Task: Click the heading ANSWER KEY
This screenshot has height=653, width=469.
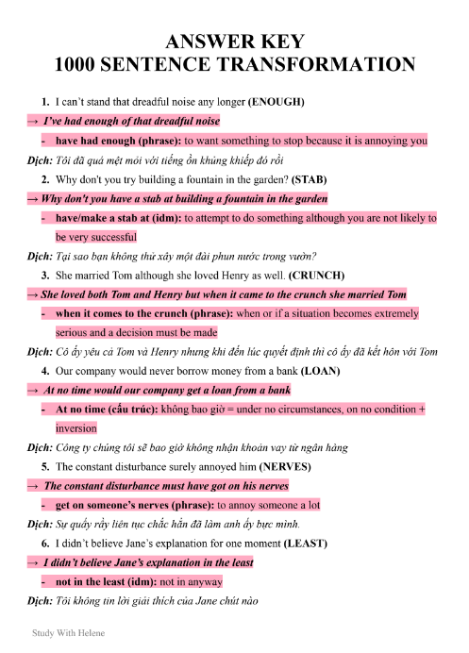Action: point(234,42)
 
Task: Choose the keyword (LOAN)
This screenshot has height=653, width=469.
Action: point(322,372)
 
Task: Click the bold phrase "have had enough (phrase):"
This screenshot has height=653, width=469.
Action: point(118,141)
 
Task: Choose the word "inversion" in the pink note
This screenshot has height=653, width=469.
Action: point(77,427)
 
